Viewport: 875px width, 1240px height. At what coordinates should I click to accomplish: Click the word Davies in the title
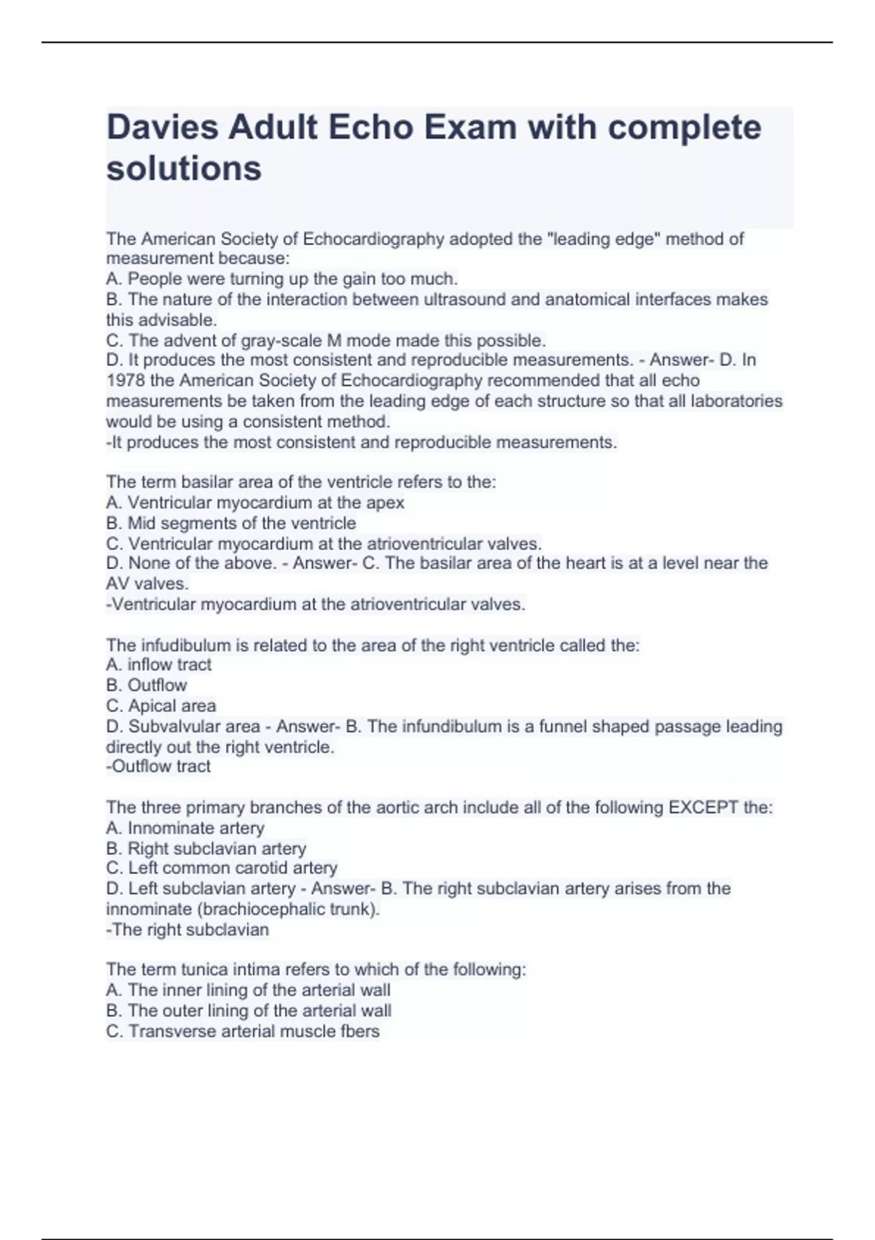pos(161,128)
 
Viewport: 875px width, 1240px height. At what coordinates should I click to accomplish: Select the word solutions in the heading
pos(184,168)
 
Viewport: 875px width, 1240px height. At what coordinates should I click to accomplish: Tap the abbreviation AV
pos(118,584)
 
